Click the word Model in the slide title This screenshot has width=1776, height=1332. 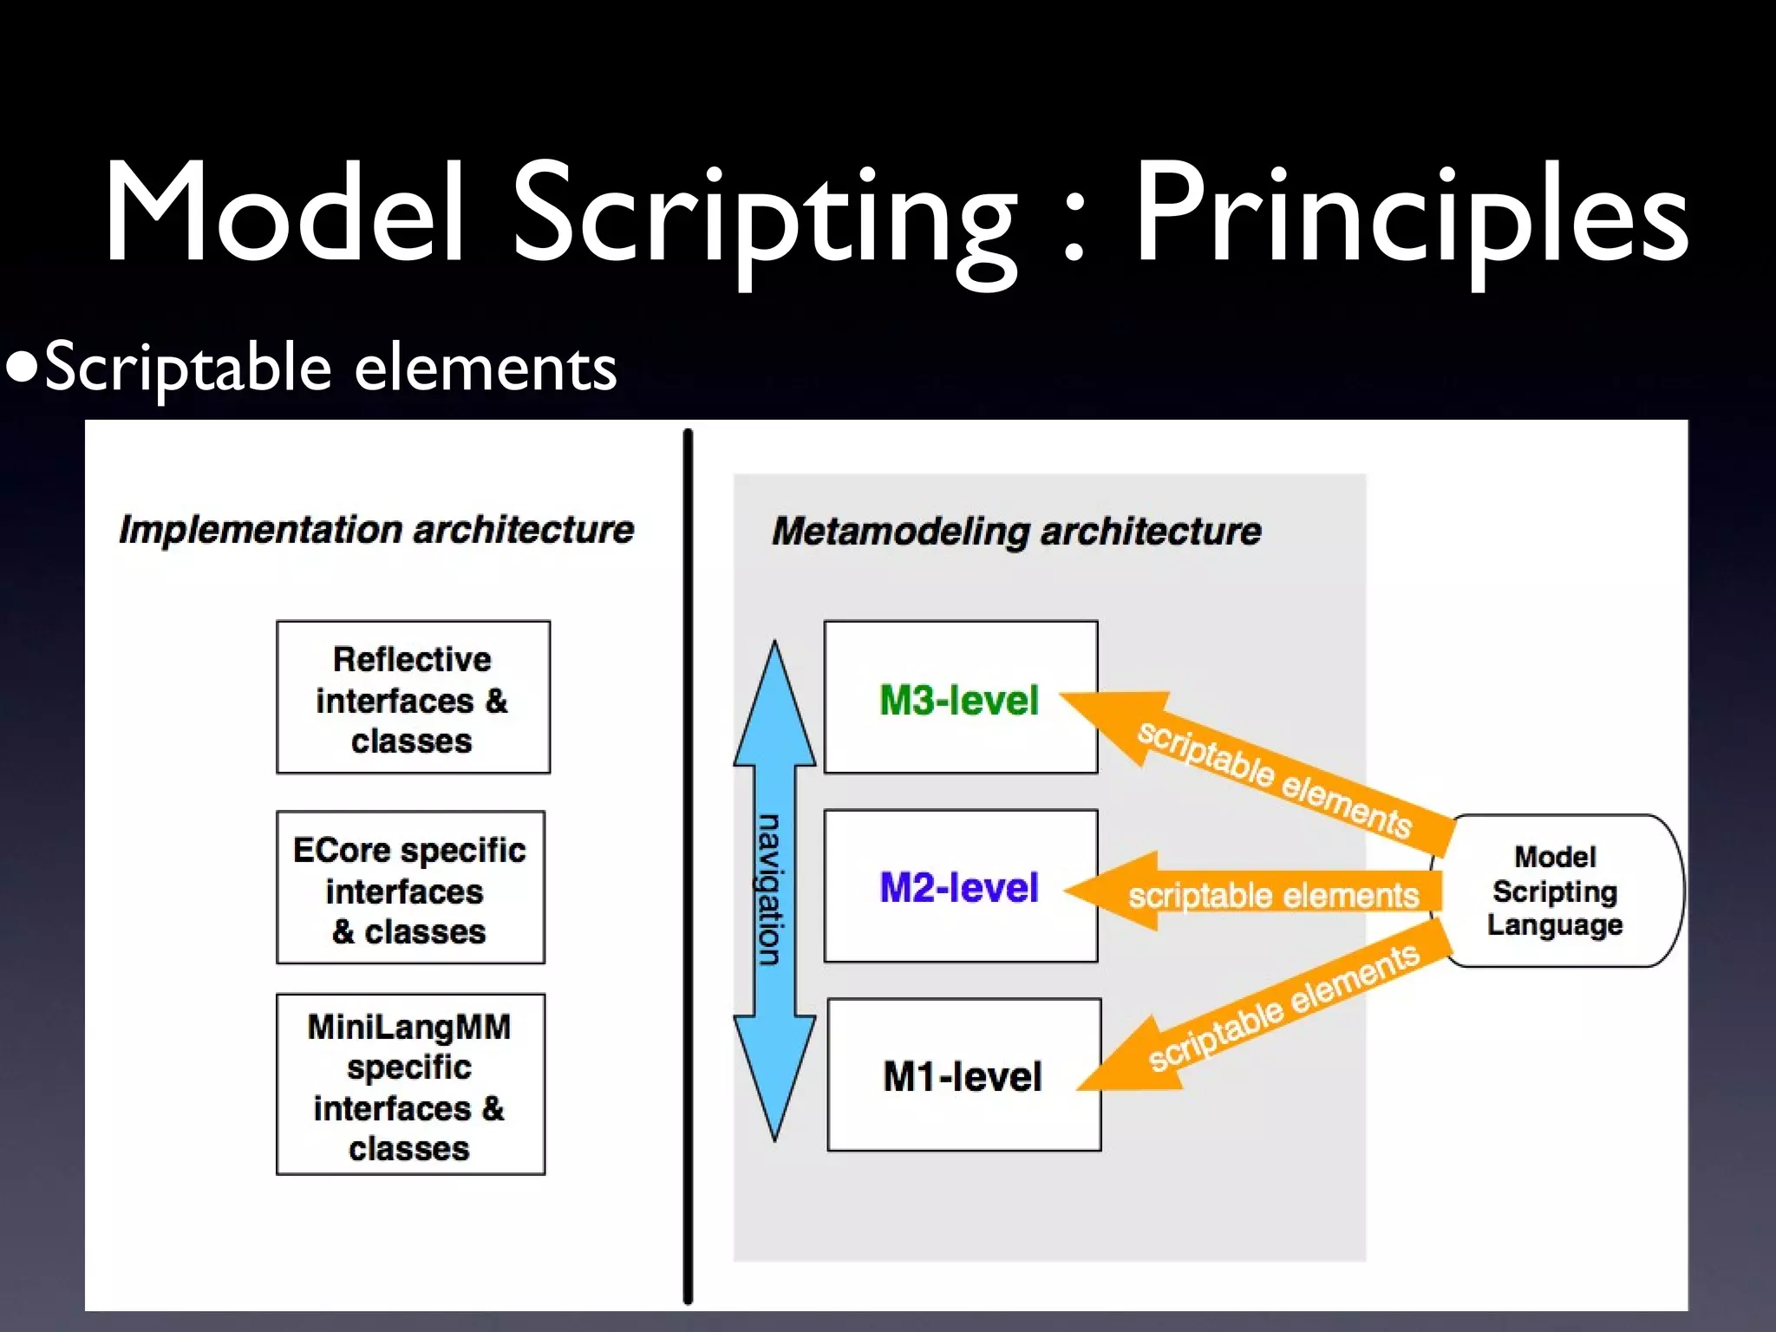coord(285,212)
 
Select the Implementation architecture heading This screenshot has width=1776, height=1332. coord(376,530)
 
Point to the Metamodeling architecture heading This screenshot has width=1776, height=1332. coord(1016,531)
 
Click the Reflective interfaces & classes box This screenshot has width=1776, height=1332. coord(413,697)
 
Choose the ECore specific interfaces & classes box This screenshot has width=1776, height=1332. coord(410,887)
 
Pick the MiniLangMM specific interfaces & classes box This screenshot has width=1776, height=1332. coord(410,1085)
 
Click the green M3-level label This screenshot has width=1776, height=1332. coord(959,700)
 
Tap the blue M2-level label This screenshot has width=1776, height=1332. coord(959,887)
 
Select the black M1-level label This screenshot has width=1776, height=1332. coord(963,1076)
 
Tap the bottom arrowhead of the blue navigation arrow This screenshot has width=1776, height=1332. coord(774,1075)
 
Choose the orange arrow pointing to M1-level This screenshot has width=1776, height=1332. coord(1266,1015)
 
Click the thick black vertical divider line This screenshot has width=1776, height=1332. coord(688,867)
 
